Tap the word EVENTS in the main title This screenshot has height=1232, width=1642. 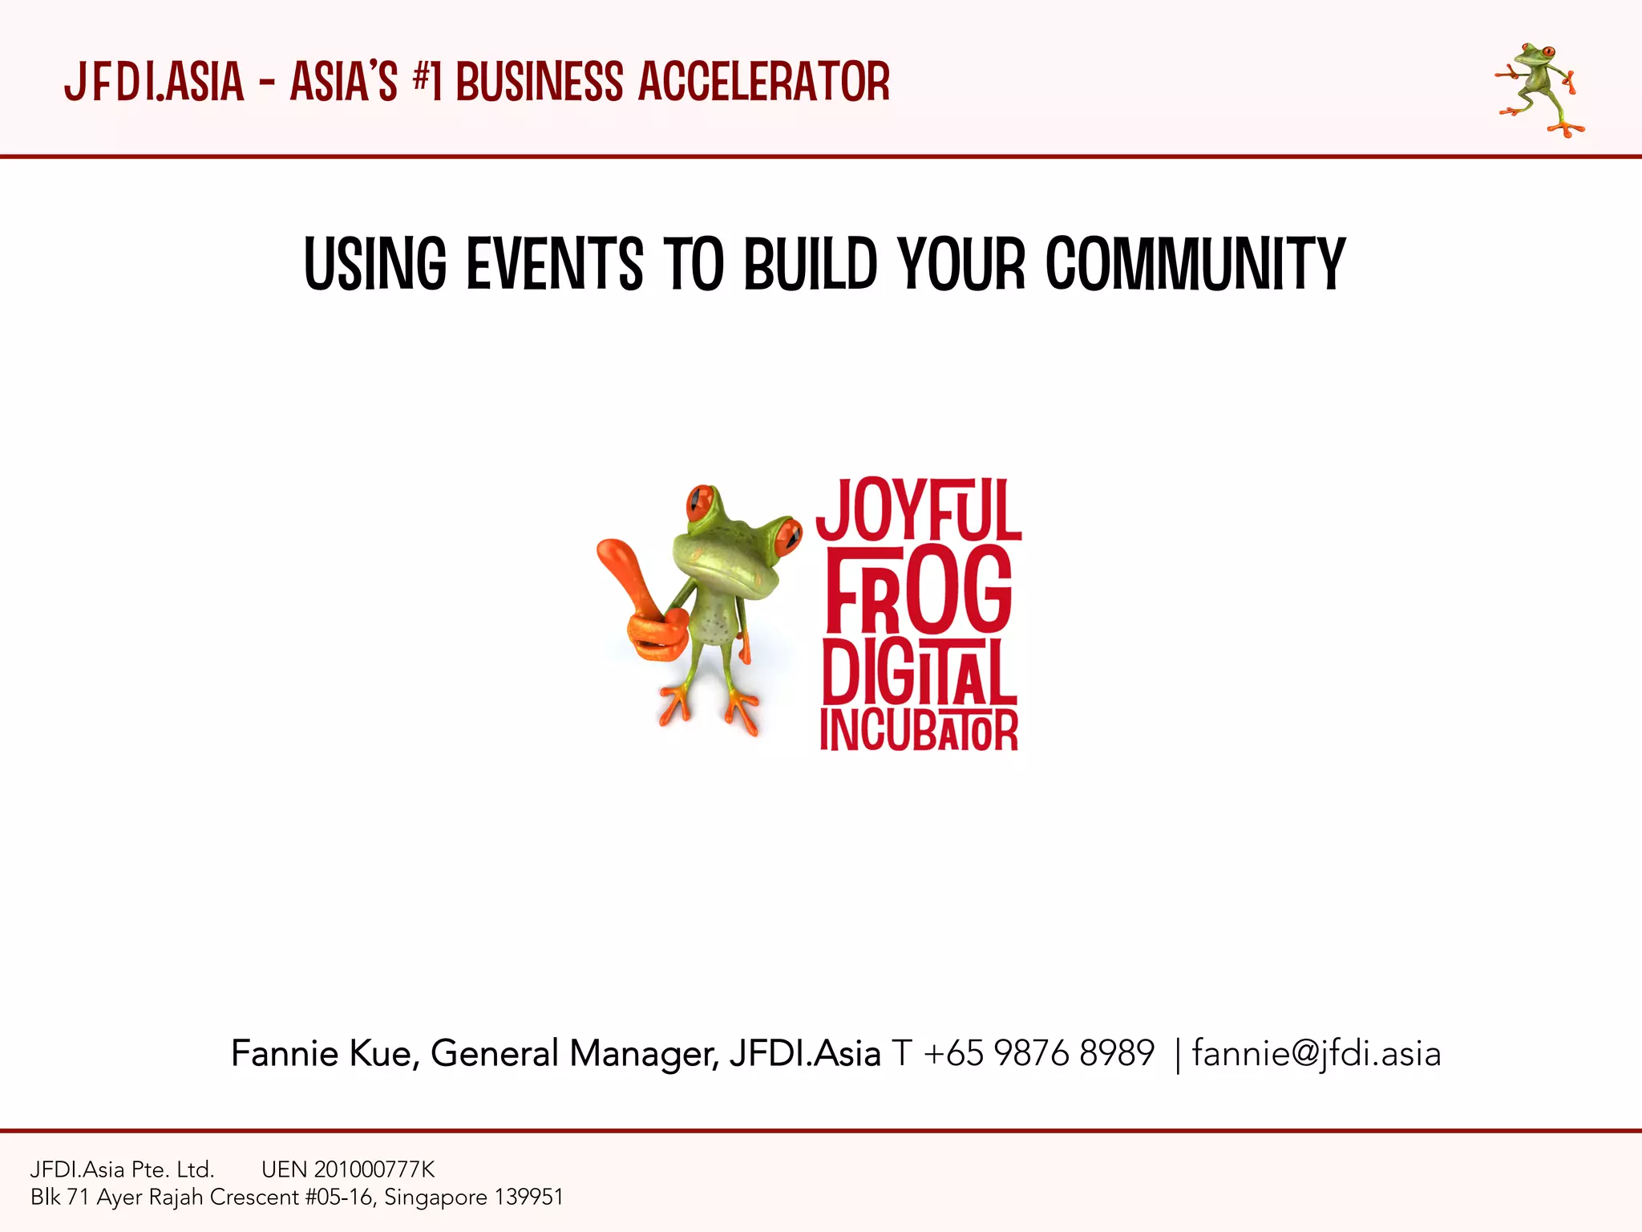click(554, 264)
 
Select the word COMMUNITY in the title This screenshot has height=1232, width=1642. click(1195, 264)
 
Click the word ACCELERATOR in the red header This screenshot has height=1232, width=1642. click(764, 82)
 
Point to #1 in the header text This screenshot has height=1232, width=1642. click(427, 82)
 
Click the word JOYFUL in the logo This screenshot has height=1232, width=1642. click(919, 509)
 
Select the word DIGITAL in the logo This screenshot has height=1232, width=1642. click(919, 672)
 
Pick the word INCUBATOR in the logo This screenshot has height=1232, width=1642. click(919, 730)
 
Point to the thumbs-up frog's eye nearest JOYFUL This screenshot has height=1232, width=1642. click(788, 535)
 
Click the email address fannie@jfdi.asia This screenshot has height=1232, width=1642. click(1316, 1053)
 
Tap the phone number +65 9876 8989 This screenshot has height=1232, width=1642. click(1039, 1053)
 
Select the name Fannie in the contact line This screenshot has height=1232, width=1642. click(285, 1053)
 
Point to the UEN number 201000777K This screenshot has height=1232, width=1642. click(374, 1169)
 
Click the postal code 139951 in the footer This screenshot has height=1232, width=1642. click(529, 1198)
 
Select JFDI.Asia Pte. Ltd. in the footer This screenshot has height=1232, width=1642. click(122, 1169)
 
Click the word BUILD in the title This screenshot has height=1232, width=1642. click(811, 264)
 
